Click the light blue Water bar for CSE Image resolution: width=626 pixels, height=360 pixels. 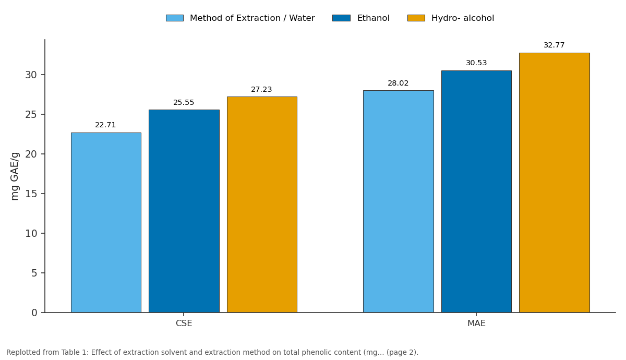(106, 222)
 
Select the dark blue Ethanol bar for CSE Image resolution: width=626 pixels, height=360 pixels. (184, 211)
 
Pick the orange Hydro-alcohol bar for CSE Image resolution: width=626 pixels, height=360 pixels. (262, 205)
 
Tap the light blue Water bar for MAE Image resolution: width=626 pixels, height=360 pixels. (399, 201)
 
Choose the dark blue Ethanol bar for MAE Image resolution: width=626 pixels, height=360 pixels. (476, 191)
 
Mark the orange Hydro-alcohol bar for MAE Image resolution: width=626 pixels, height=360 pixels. (555, 183)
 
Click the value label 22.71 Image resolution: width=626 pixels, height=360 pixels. (105, 125)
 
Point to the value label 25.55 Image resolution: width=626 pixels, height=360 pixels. (184, 103)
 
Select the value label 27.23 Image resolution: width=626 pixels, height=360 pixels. (261, 89)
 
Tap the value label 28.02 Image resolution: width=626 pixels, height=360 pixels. (398, 83)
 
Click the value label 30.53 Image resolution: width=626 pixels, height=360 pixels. (476, 63)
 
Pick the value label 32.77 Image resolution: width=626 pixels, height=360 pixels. (554, 45)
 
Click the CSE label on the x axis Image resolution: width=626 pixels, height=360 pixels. (184, 323)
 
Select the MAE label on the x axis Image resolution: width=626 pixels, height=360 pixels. (476, 323)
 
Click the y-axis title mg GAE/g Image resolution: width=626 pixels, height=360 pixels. (15, 176)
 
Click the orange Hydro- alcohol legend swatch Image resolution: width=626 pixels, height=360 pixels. (416, 18)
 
